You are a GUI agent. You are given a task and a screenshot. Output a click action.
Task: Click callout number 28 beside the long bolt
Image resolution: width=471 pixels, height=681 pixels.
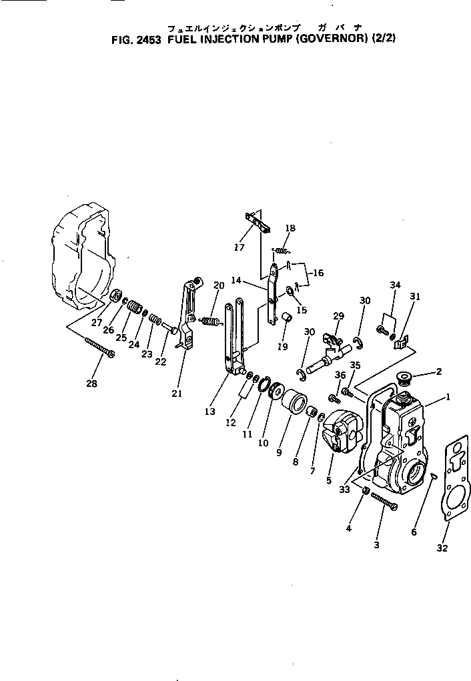click(x=91, y=384)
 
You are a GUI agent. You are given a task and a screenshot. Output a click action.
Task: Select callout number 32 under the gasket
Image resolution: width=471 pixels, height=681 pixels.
click(x=442, y=548)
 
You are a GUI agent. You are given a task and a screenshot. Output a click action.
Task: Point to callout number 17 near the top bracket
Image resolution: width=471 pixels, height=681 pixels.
click(x=240, y=247)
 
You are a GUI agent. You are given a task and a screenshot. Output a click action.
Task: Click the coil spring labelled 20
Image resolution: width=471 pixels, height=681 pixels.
click(x=210, y=323)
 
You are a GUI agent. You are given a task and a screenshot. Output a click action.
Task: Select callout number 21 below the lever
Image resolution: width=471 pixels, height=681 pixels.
click(x=177, y=394)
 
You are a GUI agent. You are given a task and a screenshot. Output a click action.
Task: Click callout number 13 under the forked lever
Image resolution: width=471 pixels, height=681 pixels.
click(x=210, y=412)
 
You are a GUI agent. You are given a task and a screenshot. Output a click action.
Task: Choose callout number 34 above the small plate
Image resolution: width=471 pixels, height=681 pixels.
click(x=395, y=285)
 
